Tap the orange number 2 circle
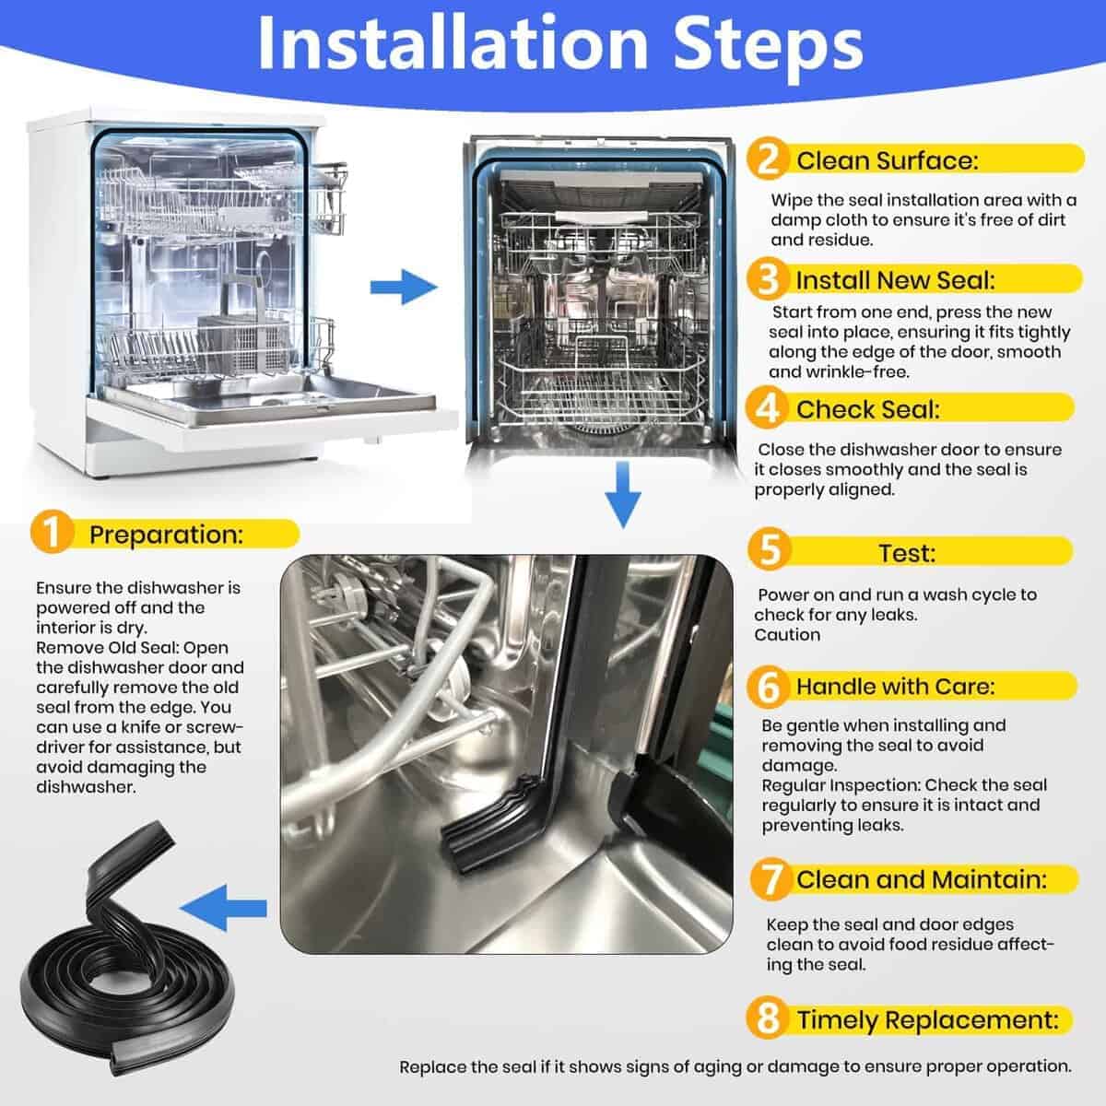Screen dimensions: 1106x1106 [768, 159]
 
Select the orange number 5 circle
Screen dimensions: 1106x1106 [769, 549]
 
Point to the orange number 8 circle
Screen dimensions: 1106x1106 [768, 1018]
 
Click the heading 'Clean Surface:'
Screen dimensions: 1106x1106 [887, 160]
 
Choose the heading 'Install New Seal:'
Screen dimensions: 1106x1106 [895, 281]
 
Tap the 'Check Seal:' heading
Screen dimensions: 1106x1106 [868, 409]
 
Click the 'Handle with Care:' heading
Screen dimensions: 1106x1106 [895, 687]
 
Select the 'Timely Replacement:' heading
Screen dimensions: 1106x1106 [927, 1020]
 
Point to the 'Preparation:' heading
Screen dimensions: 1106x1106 [166, 535]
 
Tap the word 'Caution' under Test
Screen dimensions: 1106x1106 [787, 635]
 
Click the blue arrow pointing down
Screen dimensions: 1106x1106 [623, 494]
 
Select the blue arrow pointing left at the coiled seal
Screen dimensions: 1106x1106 [223, 909]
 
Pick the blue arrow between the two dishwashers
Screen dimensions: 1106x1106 [404, 287]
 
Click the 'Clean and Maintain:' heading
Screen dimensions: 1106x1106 [921, 879]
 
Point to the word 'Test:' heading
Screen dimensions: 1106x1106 [907, 553]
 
